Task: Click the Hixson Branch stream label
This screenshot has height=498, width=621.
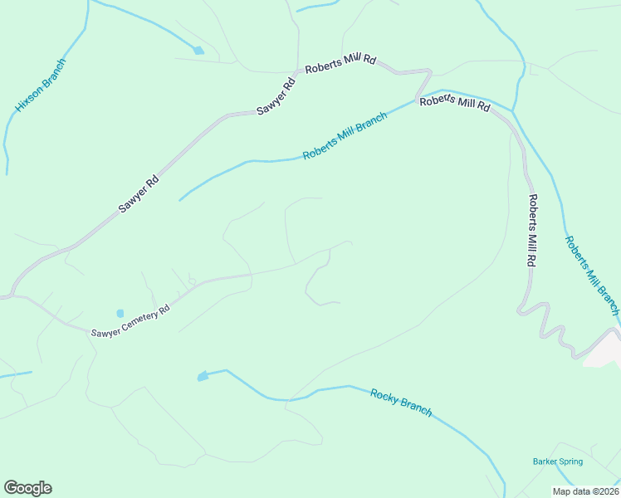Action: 40,85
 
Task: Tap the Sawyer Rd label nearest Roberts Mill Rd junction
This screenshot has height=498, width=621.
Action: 276,95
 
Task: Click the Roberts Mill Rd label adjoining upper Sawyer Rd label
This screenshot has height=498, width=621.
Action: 340,64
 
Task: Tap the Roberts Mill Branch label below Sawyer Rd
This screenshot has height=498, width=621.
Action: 345,137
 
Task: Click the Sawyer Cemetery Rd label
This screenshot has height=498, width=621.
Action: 130,319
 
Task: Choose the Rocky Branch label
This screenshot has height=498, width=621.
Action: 401,403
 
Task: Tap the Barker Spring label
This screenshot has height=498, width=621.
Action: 557,461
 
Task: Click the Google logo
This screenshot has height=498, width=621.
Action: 27,488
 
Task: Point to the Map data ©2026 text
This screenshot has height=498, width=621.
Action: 585,491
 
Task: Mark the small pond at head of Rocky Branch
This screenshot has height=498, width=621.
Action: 203,377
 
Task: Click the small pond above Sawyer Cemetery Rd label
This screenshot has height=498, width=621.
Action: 120,313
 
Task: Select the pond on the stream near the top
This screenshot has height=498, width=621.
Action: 198,51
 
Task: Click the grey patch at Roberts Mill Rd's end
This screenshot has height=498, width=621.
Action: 603,352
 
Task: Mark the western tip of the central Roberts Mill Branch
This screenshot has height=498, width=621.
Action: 179,200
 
